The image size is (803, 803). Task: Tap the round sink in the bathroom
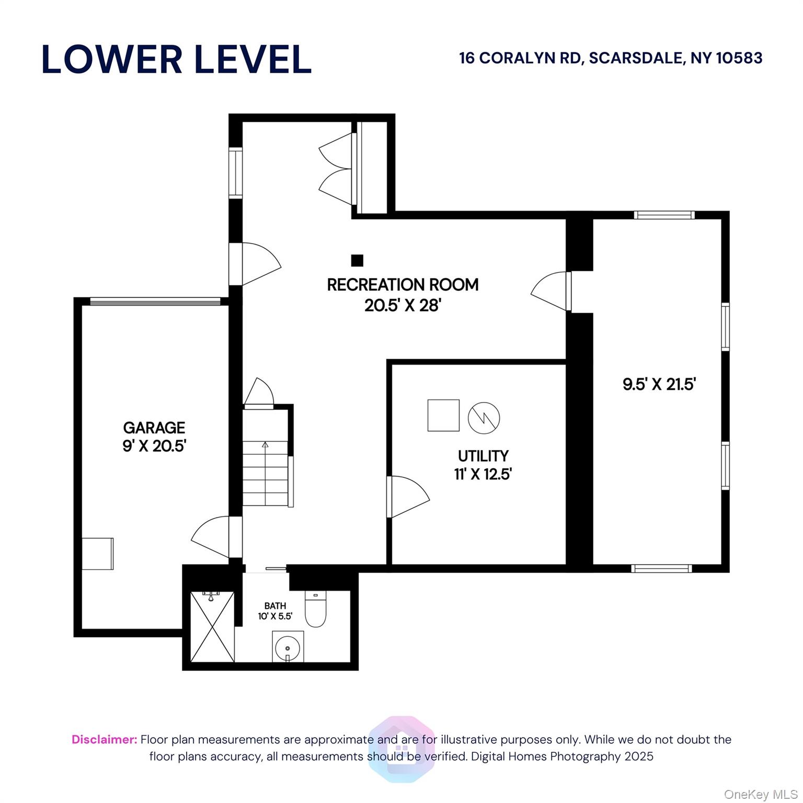click(288, 647)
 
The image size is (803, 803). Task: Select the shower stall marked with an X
click(212, 627)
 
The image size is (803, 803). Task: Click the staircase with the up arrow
click(266, 474)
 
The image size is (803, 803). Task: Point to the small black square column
click(357, 260)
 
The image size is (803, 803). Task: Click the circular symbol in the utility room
click(484, 418)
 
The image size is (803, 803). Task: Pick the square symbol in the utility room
click(443, 416)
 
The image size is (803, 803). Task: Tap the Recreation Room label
click(403, 285)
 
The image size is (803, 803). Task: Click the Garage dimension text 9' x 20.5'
click(155, 446)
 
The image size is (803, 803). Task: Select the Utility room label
click(483, 456)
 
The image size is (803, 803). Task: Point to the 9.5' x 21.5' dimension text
click(659, 385)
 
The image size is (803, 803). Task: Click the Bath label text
click(275, 606)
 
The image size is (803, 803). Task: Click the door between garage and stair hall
click(211, 537)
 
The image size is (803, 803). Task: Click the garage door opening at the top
click(155, 301)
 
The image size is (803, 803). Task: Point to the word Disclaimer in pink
click(105, 740)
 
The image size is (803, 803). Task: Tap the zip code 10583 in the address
click(739, 58)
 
